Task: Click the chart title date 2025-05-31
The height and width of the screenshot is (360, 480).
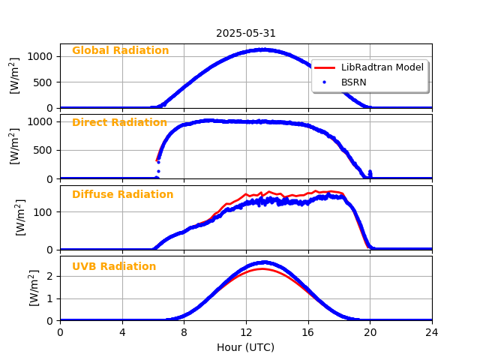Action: [x=246, y=33]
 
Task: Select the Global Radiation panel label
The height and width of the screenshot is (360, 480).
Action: [x=120, y=51]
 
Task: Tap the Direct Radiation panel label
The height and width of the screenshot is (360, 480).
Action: [x=119, y=123]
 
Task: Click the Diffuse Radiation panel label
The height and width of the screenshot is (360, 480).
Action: [x=122, y=195]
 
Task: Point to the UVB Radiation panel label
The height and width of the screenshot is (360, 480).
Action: [x=114, y=267]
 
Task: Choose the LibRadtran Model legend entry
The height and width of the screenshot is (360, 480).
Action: [x=382, y=67]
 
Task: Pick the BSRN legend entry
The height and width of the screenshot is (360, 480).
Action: [x=353, y=82]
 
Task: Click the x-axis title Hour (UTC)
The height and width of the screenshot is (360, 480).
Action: [x=246, y=347]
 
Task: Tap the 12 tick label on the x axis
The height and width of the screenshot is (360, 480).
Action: [x=246, y=332]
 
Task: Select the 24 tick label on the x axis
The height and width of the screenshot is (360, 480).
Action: [x=432, y=332]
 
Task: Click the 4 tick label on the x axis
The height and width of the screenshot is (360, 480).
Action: [x=122, y=332]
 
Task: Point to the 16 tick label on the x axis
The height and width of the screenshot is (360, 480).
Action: [x=308, y=332]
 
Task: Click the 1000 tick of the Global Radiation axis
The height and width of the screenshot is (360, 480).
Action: [x=41, y=56]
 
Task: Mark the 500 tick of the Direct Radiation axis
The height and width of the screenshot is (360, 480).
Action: [x=44, y=150]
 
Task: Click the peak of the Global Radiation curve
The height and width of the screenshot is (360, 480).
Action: [x=262, y=49]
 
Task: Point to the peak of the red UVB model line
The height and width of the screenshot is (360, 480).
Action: [x=262, y=268]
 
